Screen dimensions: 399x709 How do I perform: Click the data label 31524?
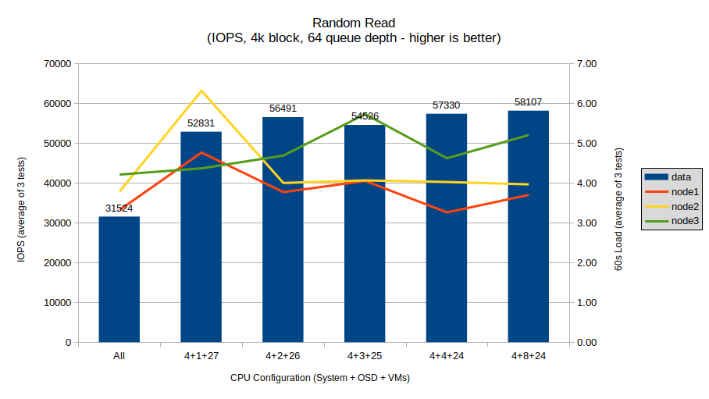click(119, 208)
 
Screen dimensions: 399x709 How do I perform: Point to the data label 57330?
click(447, 105)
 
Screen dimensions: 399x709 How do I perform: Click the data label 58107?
click(529, 102)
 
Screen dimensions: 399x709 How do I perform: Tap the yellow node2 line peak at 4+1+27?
click(201, 91)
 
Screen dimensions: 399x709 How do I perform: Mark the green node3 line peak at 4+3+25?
click(365, 115)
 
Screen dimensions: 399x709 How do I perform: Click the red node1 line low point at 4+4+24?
click(447, 212)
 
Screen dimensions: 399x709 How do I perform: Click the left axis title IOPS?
click(23, 203)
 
